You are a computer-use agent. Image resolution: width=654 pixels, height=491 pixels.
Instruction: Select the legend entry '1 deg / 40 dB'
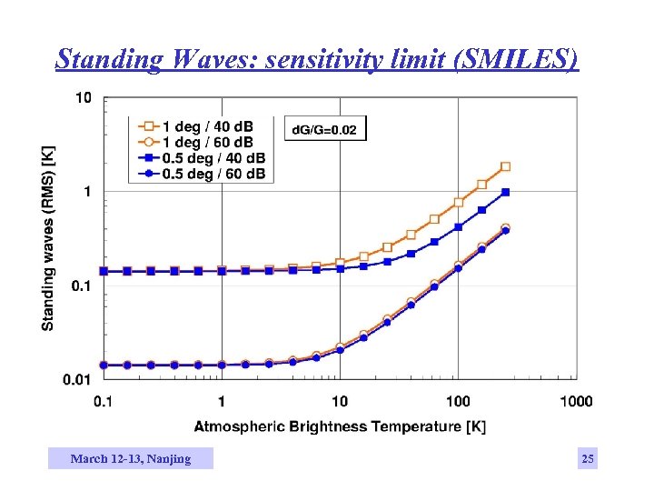(x=207, y=125)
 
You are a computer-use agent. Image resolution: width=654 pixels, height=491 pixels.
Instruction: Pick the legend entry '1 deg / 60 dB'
(x=207, y=142)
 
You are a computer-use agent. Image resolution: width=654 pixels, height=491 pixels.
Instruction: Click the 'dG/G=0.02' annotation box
(x=326, y=129)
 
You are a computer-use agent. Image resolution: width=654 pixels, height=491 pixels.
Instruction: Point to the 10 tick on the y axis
(x=83, y=98)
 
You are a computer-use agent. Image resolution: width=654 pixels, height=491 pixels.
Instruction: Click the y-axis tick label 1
(x=87, y=192)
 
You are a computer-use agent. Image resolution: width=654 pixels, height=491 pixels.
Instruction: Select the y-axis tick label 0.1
(x=81, y=286)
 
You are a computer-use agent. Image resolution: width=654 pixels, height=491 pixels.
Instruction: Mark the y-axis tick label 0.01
(x=78, y=378)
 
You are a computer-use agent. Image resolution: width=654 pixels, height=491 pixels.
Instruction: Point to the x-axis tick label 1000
(x=576, y=401)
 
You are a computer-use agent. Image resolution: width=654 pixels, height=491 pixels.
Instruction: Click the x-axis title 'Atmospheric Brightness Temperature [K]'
(x=340, y=426)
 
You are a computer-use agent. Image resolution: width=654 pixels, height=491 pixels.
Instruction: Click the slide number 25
(x=588, y=459)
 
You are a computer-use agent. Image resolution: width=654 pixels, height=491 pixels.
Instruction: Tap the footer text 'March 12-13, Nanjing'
(x=131, y=459)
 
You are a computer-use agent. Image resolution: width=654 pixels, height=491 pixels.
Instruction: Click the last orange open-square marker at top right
(x=506, y=166)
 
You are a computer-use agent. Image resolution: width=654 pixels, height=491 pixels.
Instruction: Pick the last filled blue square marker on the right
(x=506, y=192)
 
